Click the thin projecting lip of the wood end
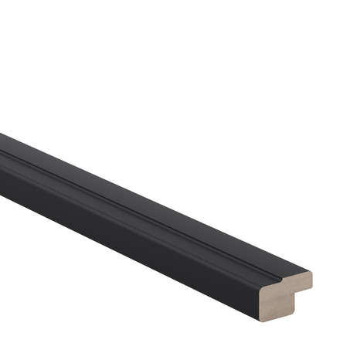coord(297,281)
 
